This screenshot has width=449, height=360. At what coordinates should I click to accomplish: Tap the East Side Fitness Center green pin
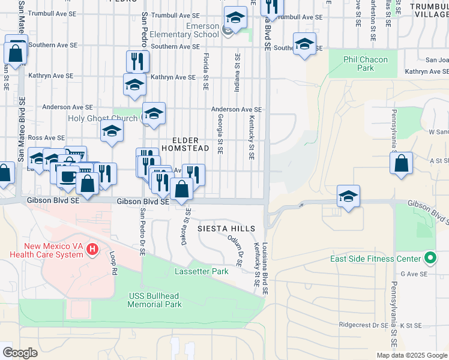[430, 259]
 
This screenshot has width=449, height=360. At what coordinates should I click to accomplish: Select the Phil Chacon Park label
[366, 64]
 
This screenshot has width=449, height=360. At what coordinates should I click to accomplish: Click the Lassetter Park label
[202, 271]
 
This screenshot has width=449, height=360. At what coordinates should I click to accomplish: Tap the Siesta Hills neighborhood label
[228, 229]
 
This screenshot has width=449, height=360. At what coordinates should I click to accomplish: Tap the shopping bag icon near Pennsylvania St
[401, 163]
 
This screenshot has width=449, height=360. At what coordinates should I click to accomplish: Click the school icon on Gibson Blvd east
[348, 197]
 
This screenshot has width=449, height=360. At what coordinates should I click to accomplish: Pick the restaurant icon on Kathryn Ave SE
[137, 61]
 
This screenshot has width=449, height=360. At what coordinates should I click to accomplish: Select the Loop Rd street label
[113, 263]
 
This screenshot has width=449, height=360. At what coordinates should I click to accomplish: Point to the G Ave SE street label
[414, 274]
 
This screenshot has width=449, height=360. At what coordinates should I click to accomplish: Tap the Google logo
[20, 352]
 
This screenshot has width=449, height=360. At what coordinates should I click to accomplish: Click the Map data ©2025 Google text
[411, 355]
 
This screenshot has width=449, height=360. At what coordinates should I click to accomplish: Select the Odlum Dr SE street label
[235, 250]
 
